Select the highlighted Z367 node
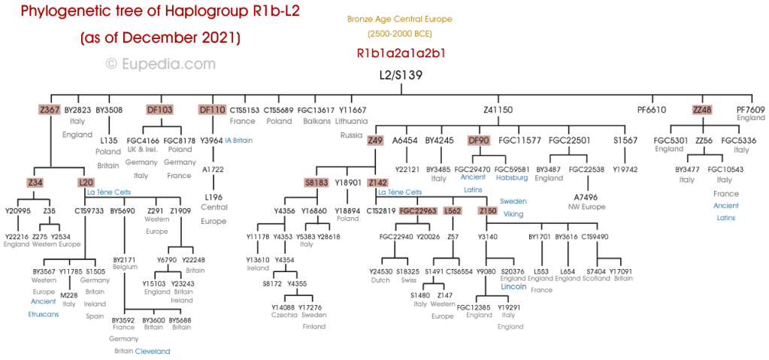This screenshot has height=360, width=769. point(50,110)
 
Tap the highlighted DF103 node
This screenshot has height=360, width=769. point(159,110)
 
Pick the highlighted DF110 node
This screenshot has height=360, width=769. point(212,110)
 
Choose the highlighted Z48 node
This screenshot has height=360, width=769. point(702,110)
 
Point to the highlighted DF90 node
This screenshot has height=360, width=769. point(479,140)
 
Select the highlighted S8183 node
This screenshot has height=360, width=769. point(317,183)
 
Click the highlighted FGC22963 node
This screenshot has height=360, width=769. point(419,211)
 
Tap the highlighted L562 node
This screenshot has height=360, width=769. point(453,211)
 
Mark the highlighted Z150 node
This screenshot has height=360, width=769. point(487,211)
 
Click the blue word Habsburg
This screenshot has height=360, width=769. point(513,180)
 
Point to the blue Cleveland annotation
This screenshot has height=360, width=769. point(153,351)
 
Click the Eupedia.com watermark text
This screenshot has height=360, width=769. point(162,65)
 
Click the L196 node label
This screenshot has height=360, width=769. point(213,197)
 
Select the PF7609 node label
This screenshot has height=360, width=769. point(750,110)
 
